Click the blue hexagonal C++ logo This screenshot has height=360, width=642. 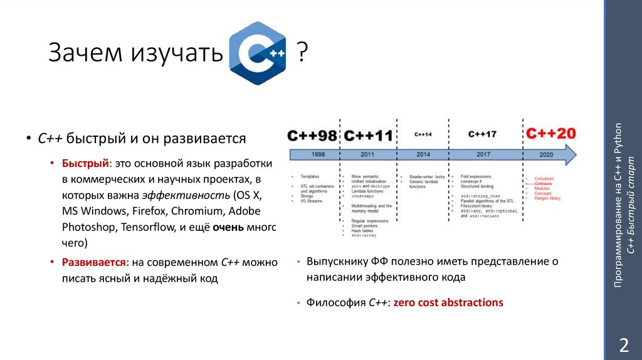258,53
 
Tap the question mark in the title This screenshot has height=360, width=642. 302,53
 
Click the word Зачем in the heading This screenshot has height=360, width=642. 85,53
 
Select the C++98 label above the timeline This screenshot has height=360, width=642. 312,134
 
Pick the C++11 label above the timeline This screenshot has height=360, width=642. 368,134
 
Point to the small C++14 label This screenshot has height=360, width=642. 423,134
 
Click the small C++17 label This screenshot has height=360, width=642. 482,134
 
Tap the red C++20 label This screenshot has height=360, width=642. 550,134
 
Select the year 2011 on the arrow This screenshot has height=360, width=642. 369,154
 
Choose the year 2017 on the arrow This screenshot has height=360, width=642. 483,154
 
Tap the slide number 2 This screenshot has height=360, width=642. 623,345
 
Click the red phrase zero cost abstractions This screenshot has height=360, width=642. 448,302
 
